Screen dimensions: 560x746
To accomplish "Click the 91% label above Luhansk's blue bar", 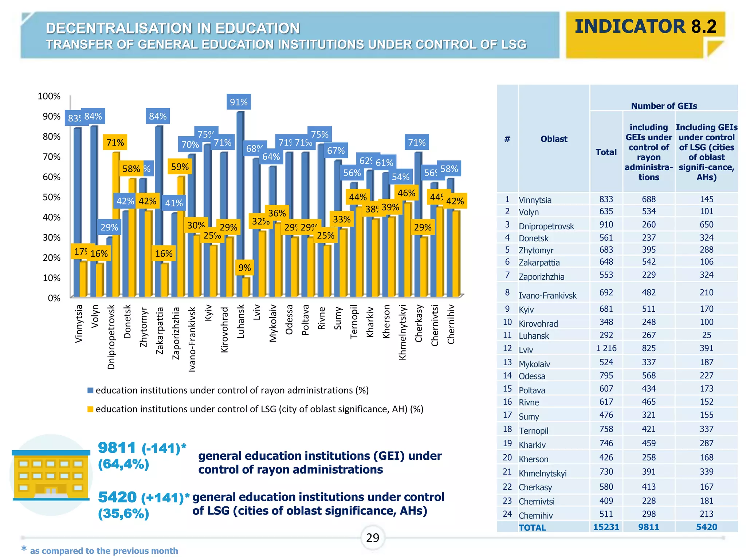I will pos(239,102).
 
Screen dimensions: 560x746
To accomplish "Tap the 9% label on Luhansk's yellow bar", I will pos(244,268).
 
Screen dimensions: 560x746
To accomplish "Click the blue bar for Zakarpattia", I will pos(158,211).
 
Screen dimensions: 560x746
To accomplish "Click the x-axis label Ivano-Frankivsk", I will pos(192,339).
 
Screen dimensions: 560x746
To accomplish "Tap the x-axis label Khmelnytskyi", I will pos(402,332).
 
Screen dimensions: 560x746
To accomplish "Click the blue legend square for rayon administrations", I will pos(90,390).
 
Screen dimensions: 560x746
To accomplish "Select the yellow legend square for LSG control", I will pos(90,409).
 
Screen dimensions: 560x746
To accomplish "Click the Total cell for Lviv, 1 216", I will pos(606,348).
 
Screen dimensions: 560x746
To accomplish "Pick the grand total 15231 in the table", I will pos(606,527).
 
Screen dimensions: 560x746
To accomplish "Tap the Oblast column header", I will pos(554,139).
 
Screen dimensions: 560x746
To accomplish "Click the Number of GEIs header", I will pos(664,106).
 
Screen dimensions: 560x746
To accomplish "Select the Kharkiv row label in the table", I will pos(532,445).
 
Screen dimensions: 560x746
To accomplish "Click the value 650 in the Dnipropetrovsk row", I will pos(706,225).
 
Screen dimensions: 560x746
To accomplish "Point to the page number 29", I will pos(373,538).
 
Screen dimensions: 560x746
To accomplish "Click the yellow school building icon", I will pos(51,475).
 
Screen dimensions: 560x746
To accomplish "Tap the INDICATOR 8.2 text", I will pos(645,27).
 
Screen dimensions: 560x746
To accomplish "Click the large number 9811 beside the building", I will pos(117,448).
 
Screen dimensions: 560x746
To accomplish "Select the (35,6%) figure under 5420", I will pos(123,514).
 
